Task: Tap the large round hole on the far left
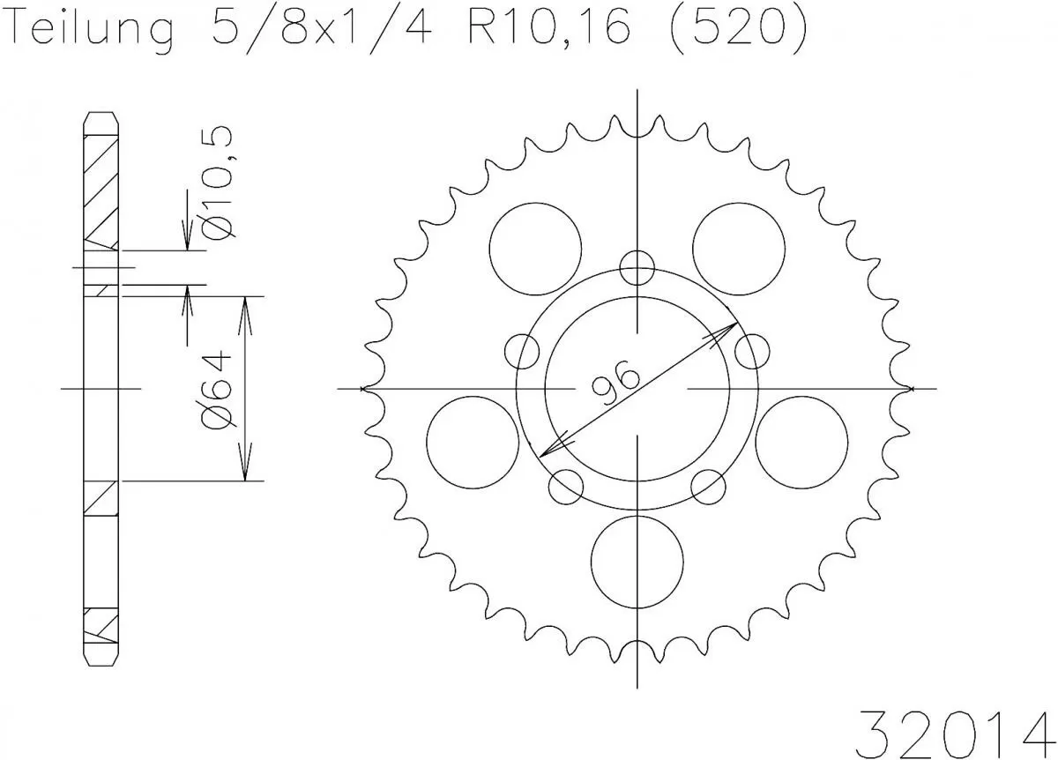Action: (x=472, y=441)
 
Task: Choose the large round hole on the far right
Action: (x=801, y=441)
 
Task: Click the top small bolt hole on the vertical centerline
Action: (x=637, y=267)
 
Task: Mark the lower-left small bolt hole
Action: (x=566, y=486)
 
